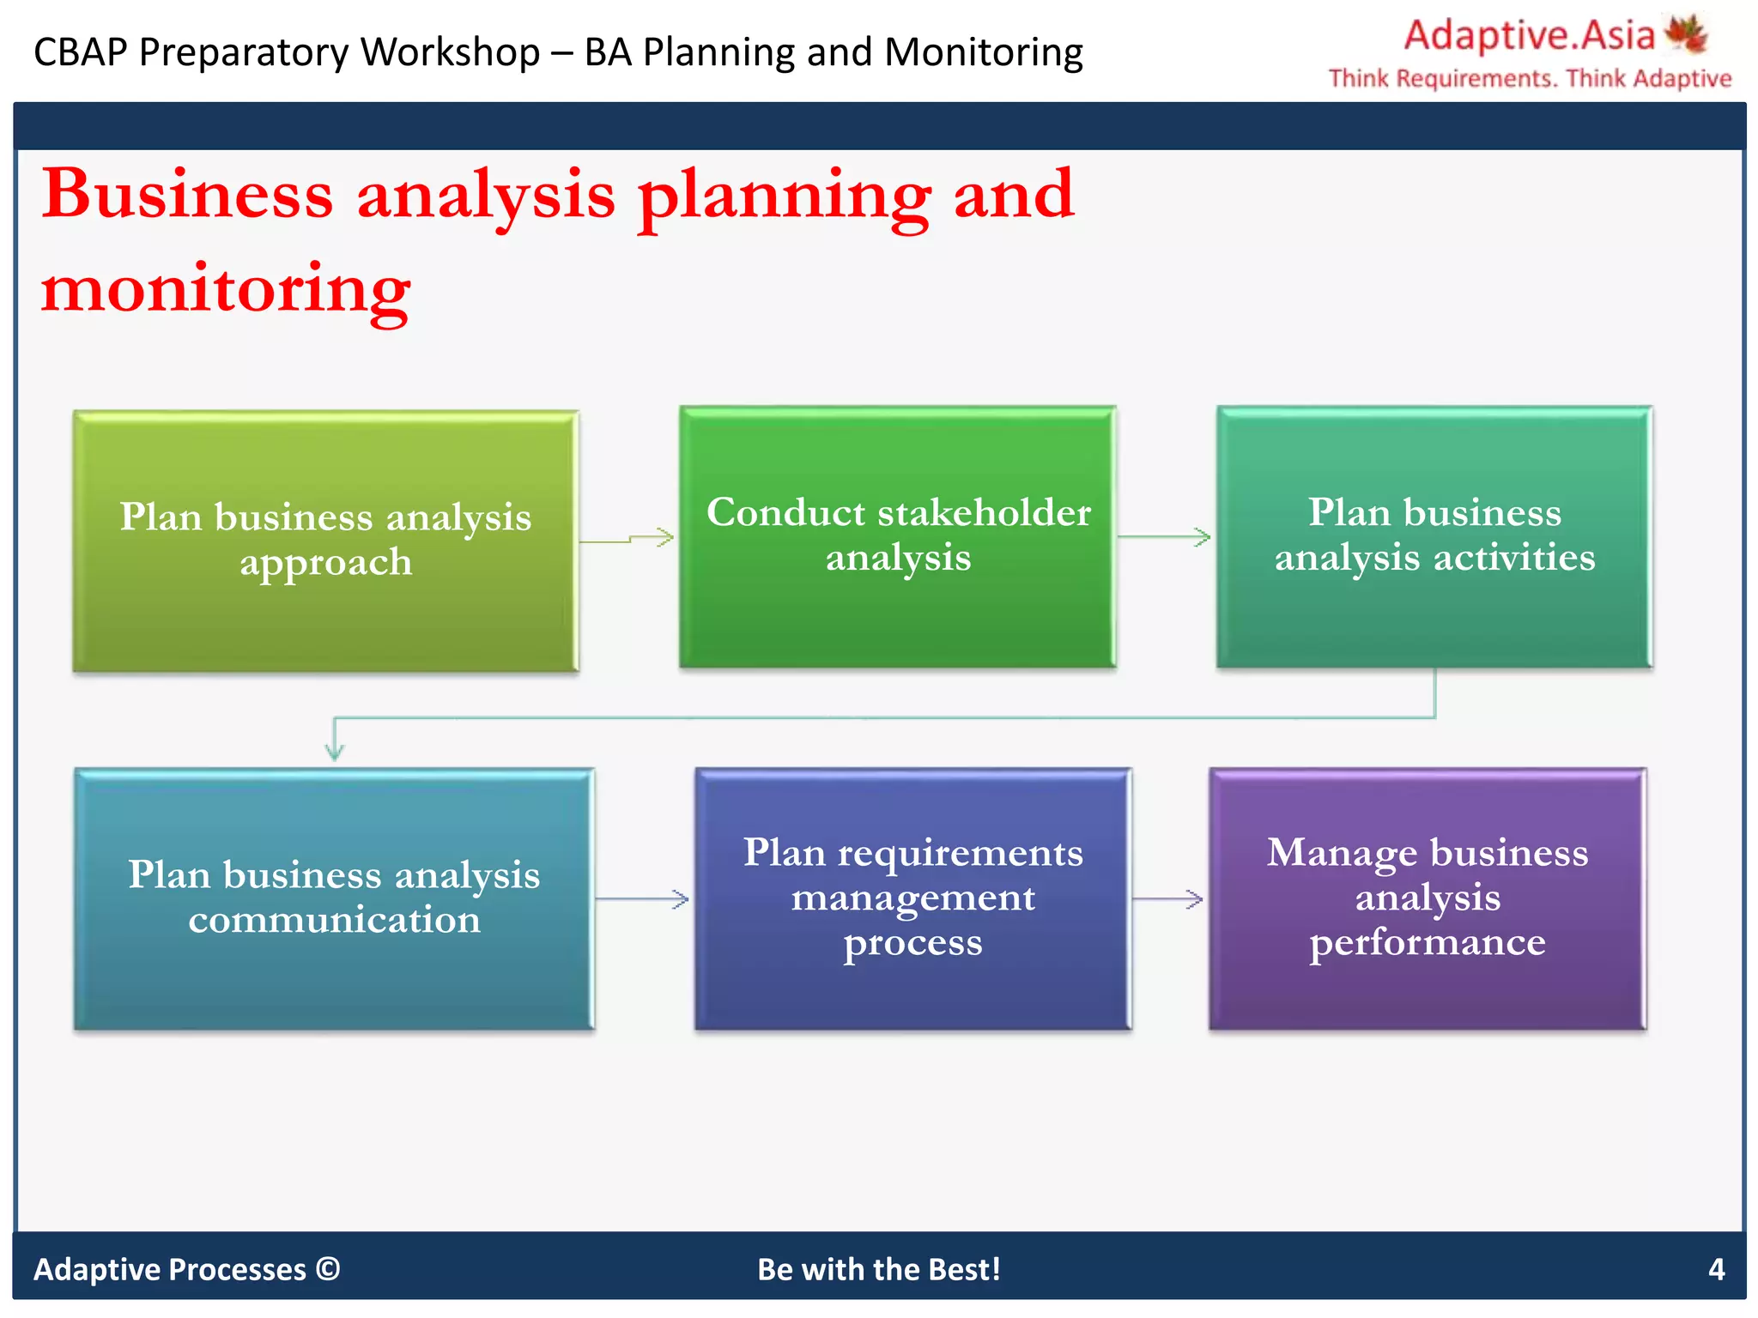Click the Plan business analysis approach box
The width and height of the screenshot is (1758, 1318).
click(x=325, y=541)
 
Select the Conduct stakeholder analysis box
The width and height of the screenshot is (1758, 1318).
click(x=897, y=536)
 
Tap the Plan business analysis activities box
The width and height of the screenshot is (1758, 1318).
click(x=1434, y=536)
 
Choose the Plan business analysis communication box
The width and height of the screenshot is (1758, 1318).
click(x=334, y=898)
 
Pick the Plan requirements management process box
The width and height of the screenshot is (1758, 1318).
click(x=912, y=898)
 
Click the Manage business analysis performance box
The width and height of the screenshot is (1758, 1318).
click(x=1427, y=898)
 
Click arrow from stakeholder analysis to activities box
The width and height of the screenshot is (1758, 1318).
click(x=1165, y=537)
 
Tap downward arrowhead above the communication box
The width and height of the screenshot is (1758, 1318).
click(x=335, y=748)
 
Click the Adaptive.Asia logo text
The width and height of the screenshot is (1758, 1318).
click(x=1529, y=36)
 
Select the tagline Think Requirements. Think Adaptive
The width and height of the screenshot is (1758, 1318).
click(x=1530, y=79)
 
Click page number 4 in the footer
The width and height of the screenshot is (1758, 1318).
click(x=1716, y=1269)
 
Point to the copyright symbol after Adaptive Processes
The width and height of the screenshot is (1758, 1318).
click(x=328, y=1268)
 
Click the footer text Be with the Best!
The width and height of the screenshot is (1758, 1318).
click(x=879, y=1269)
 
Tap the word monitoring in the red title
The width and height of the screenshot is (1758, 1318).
click(x=226, y=290)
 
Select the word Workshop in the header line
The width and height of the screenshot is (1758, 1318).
click(x=450, y=52)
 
